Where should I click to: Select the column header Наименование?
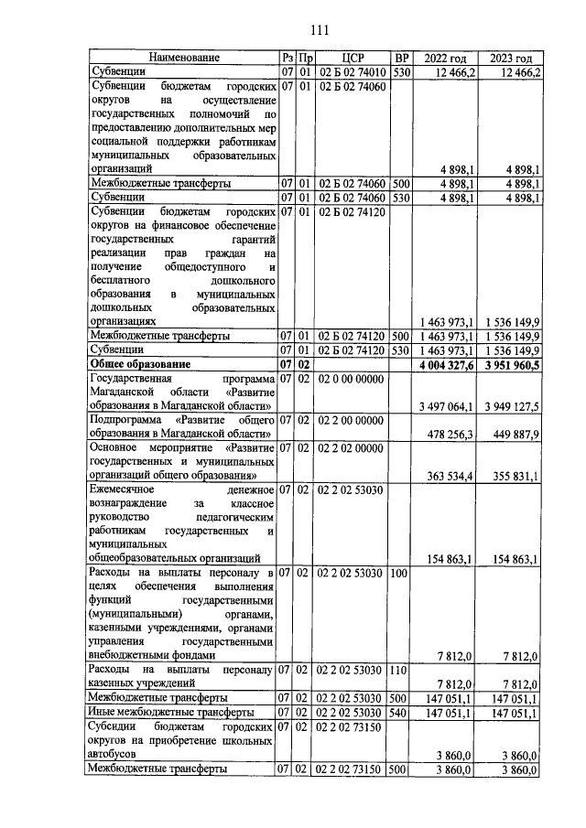(x=181, y=58)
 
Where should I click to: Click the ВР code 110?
(x=398, y=670)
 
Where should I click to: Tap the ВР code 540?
(x=398, y=711)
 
